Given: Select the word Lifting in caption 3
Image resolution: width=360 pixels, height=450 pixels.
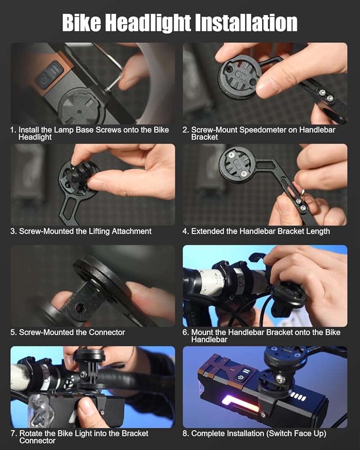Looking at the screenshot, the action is click(x=97, y=231).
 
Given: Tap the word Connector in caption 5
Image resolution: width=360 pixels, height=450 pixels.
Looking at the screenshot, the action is click(x=107, y=333).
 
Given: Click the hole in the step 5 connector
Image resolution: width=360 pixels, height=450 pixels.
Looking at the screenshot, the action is click(x=80, y=308).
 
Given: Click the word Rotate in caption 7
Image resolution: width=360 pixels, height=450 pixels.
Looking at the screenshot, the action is click(x=31, y=433).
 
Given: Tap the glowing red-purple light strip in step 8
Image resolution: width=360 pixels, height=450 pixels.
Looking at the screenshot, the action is click(x=241, y=403).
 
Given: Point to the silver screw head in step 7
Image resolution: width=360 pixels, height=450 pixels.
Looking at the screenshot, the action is click(x=84, y=374).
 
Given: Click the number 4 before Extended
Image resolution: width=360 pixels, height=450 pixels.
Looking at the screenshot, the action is click(x=184, y=231).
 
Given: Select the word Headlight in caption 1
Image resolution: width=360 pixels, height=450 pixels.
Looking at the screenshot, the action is click(x=35, y=137).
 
